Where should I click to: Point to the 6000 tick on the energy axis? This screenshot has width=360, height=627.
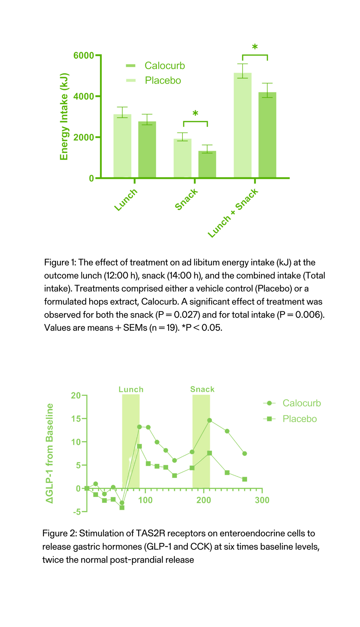84,56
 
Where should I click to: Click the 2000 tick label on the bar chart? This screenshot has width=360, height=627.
84,137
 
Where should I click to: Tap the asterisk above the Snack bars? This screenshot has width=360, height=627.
195,114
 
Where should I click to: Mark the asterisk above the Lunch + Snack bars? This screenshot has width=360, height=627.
255,47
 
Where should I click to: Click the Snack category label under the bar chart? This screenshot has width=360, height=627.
186,200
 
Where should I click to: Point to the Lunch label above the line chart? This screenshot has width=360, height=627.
131,389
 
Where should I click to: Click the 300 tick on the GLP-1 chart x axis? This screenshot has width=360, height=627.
262,500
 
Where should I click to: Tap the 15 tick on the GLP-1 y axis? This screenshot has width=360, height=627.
76,419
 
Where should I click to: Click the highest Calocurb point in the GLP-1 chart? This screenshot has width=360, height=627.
210,420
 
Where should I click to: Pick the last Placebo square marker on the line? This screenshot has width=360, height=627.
245,479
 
